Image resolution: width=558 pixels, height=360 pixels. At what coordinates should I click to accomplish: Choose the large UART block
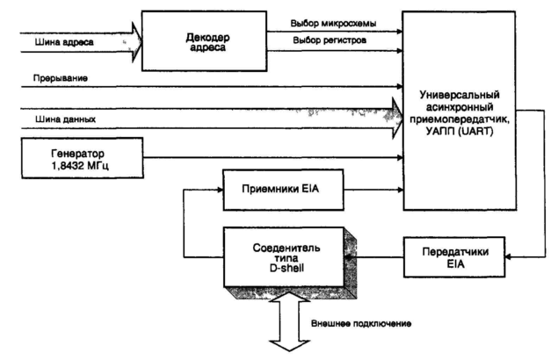478,110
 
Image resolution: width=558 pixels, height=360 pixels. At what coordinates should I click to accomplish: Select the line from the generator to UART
264,158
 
